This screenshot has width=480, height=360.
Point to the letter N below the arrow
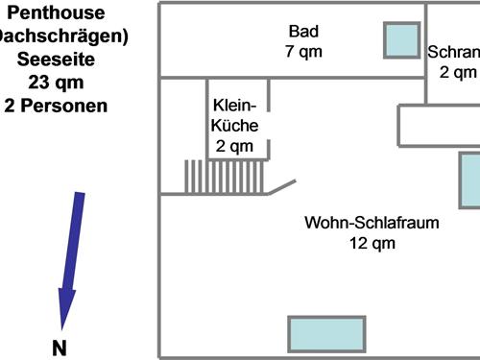coord(59,348)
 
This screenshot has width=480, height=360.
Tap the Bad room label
coord(303,29)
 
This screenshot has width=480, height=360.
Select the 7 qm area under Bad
coord(303,51)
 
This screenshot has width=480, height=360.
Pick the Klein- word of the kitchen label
coord(234,104)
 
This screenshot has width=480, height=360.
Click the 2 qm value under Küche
coord(234,146)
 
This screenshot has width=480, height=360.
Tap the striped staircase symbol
coord(224,176)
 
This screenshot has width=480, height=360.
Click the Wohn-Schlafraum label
coord(372,223)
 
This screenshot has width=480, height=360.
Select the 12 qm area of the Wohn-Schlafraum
coord(372,244)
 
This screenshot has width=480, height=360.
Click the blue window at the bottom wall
coord(327,333)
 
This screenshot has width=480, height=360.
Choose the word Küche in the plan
coord(234,125)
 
